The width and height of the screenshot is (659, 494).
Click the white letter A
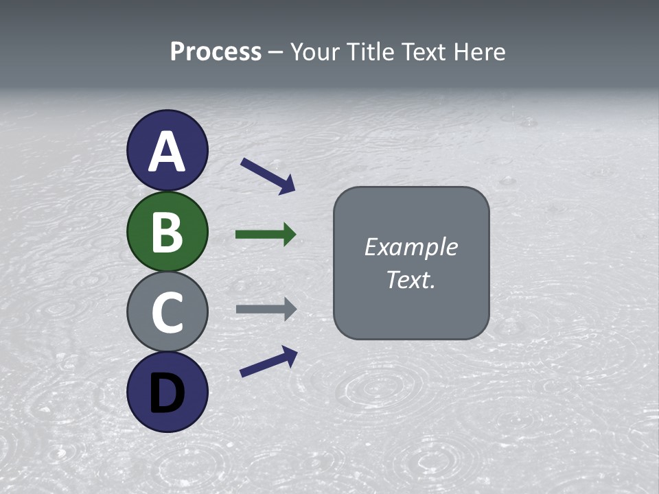click(x=167, y=152)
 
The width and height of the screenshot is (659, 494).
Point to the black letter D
click(x=167, y=393)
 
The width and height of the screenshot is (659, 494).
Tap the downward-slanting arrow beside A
click(x=267, y=176)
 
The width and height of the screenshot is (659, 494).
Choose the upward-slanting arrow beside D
click(x=268, y=362)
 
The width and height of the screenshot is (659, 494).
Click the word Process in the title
click(x=216, y=51)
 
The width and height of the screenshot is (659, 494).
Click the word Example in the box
click(x=411, y=247)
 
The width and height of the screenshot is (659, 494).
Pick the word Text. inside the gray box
click(x=411, y=280)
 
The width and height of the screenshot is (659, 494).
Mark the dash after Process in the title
click(x=275, y=52)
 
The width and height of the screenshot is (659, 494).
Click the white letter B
click(x=167, y=232)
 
